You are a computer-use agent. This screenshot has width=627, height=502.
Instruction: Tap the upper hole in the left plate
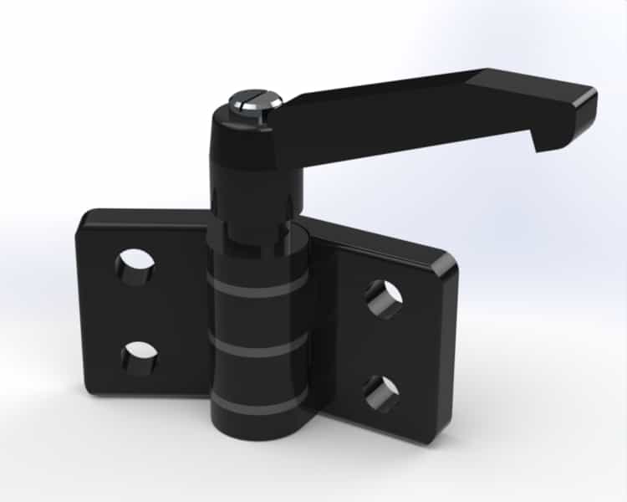tap(135, 267)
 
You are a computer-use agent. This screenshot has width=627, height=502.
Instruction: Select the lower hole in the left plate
tap(139, 358)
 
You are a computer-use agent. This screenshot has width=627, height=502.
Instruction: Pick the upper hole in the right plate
tap(383, 299)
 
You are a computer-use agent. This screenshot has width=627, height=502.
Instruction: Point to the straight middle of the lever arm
tap(385, 109)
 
